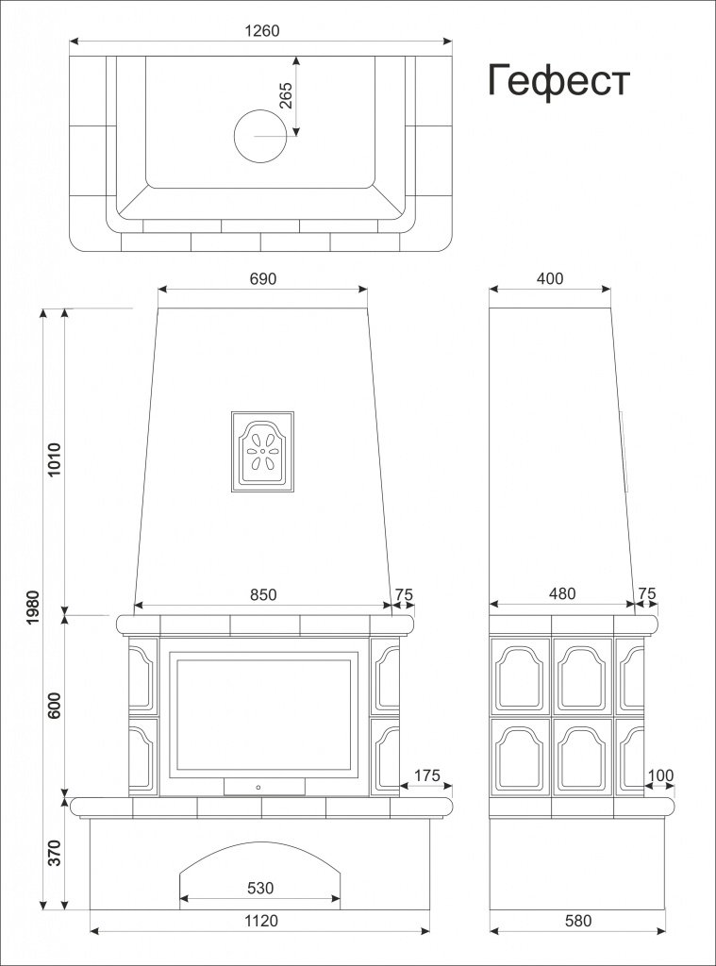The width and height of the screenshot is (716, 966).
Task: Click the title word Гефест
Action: coord(558,81)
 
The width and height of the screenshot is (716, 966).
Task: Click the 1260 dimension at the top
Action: coord(262,30)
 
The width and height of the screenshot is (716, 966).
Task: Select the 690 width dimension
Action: coord(263,279)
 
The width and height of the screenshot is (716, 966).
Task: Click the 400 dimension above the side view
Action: coord(549,278)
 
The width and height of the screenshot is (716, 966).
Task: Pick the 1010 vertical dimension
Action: coord(54,460)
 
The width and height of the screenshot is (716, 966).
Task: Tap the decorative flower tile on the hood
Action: coord(263,451)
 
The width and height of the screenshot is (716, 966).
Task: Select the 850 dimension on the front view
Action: coord(263,594)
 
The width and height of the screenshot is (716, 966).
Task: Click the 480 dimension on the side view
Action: coord(561,594)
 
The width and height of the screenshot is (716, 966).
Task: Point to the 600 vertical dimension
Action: coord(54,706)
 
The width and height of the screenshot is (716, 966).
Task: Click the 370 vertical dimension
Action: coord(54,852)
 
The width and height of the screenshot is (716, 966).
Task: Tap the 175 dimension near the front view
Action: coord(427,775)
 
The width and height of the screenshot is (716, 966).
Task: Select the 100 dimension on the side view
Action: coord(661,775)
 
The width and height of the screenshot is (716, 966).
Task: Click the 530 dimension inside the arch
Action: coord(260,888)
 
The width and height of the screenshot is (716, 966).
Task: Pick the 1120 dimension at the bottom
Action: coord(260,921)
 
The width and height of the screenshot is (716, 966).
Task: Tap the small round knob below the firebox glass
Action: coord(258,785)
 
